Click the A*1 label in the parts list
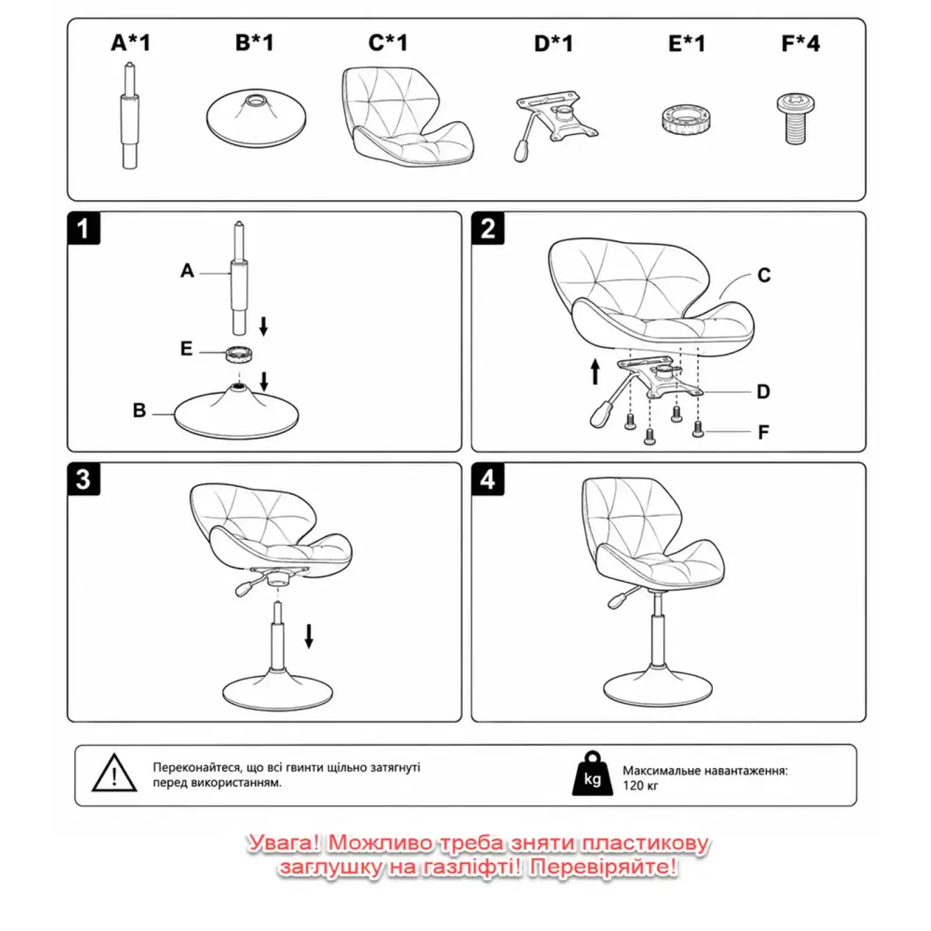pos(131,42)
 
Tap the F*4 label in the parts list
pos(800,43)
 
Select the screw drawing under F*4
pos(795,119)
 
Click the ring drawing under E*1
pos(687,119)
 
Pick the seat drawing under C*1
pos(407,116)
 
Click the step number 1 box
pos(84,228)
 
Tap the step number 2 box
pos(488,228)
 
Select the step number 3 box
pos(84,479)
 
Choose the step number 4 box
pos(488,479)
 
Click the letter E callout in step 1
pos(186,349)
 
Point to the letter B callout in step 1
pos(139,410)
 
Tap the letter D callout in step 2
pos(763,392)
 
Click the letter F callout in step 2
pos(763,432)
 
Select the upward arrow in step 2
pos(595,372)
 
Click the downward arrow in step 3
pos(309,636)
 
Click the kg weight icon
pos(592,773)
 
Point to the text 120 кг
pos(640,786)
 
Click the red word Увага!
pos(283,843)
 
